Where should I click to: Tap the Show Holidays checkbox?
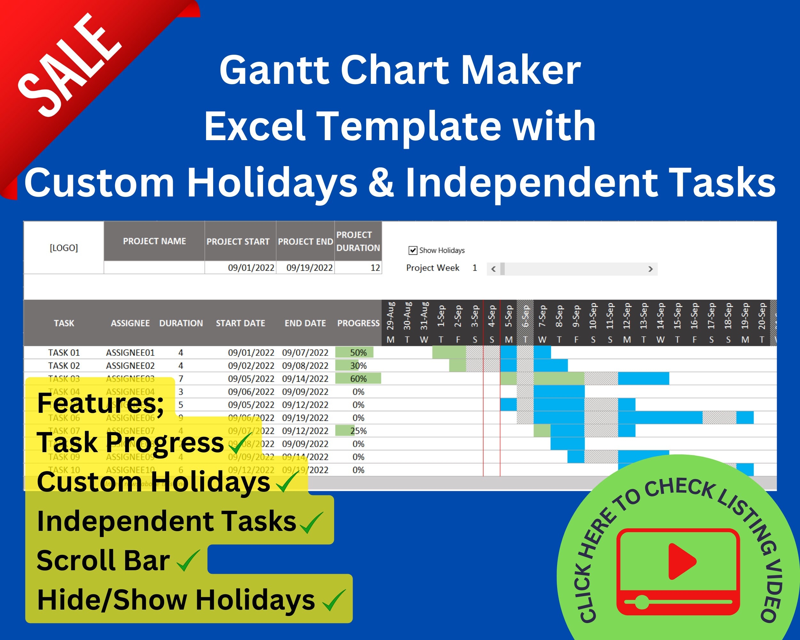tap(412, 251)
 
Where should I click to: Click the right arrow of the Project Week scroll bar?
tap(650, 269)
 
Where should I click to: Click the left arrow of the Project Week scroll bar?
tap(493, 269)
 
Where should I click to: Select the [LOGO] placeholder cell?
tap(64, 248)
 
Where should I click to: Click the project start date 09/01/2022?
tap(251, 268)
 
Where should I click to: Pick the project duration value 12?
tap(375, 268)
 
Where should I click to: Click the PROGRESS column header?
tap(358, 323)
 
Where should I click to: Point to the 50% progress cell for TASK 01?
tap(358, 352)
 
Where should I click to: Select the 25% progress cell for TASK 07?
tap(358, 431)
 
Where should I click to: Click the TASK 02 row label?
tap(64, 365)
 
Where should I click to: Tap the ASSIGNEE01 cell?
tap(130, 352)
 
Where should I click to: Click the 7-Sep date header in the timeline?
tap(542, 316)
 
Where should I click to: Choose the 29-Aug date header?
tap(390, 316)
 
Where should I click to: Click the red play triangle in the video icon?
tap(681, 561)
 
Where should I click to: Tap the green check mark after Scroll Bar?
tap(188, 561)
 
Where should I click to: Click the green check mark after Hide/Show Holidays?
tap(334, 600)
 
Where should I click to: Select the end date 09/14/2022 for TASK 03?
tap(305, 379)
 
